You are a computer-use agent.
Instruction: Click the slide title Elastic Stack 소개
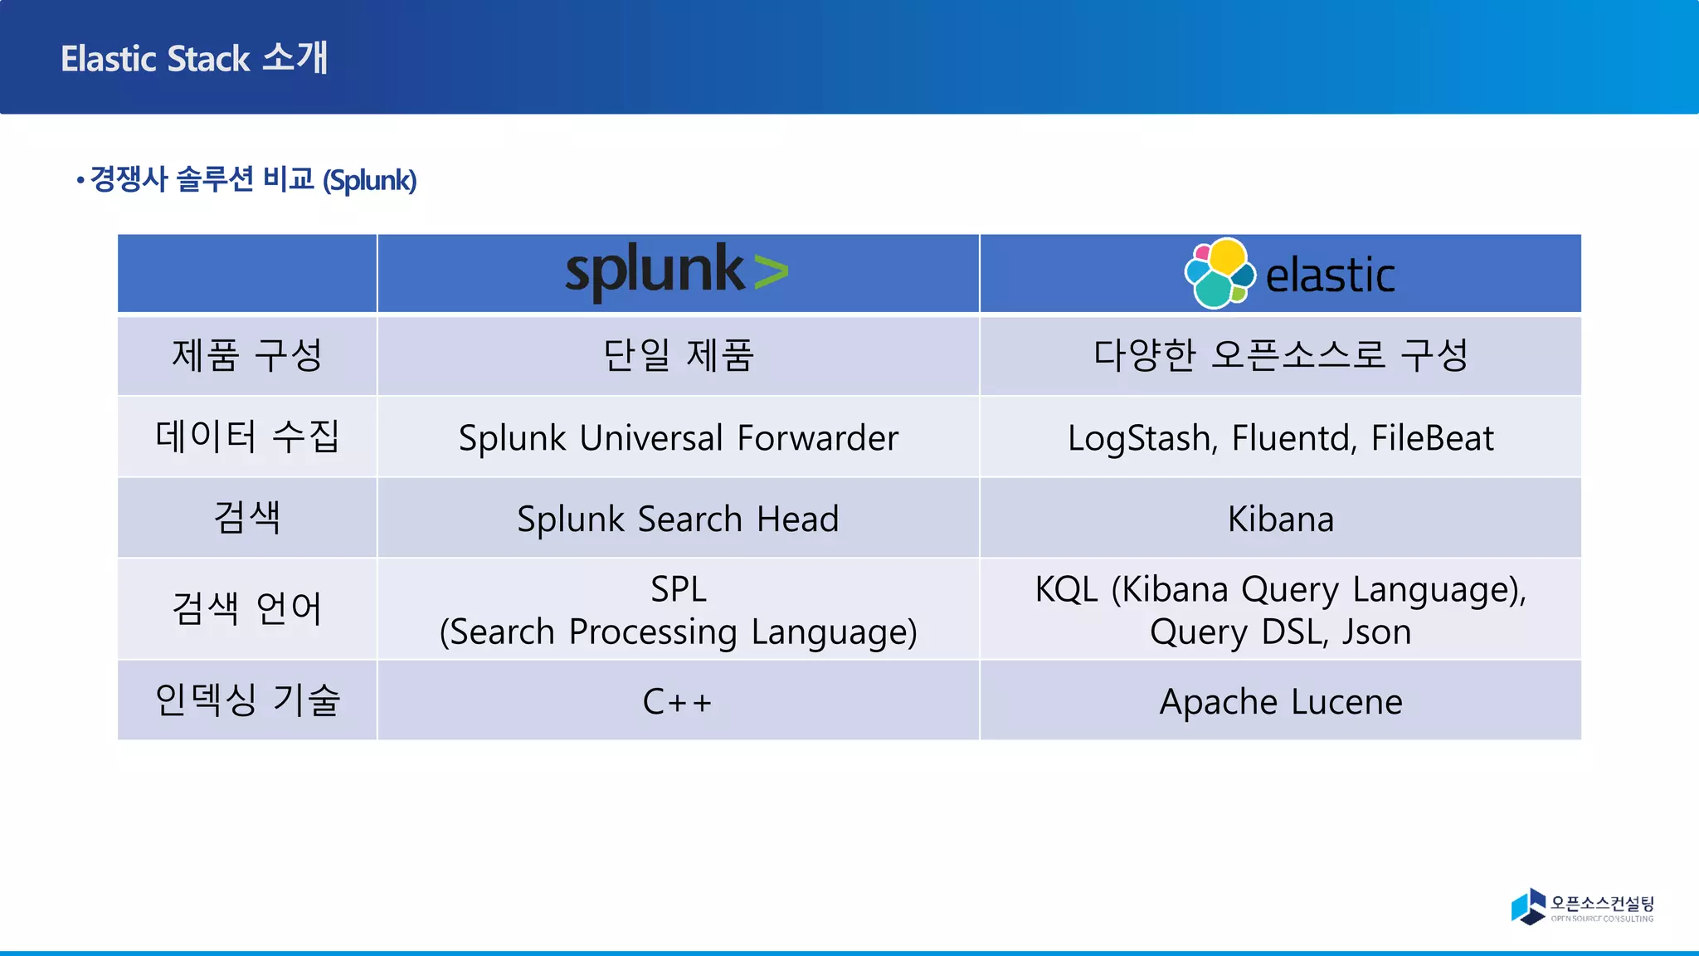(194, 58)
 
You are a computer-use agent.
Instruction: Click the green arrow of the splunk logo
(771, 272)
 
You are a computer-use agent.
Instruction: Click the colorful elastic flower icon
(1219, 274)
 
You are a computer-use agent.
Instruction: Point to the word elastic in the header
(1330, 276)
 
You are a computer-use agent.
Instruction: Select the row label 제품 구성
(246, 356)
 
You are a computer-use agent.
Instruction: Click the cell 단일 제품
(678, 356)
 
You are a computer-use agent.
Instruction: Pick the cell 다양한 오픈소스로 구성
(1280, 356)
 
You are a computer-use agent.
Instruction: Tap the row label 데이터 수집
(246, 437)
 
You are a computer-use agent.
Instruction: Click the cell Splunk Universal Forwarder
(678, 438)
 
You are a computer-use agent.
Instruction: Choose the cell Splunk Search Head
(678, 519)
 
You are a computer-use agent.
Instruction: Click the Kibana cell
(1280, 519)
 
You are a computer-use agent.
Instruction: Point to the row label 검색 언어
(246, 608)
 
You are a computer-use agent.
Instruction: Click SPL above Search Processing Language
(678, 589)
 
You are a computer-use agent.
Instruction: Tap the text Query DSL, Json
(1280, 632)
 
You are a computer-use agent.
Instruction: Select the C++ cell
(678, 702)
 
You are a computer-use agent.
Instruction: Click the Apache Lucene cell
(1280, 702)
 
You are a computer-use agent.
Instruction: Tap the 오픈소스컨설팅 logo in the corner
(1582, 906)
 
